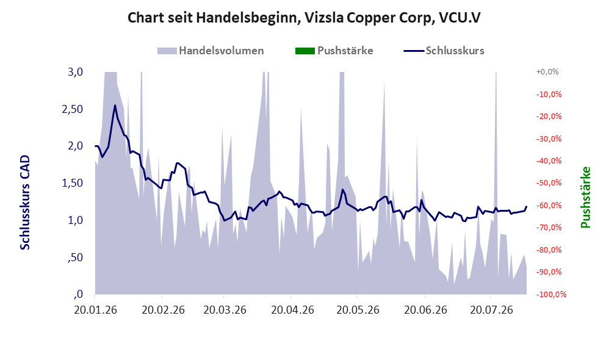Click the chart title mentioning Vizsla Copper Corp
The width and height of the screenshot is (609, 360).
tap(304, 18)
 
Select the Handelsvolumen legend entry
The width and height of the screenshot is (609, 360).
tap(211, 51)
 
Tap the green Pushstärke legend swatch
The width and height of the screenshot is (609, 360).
tap(305, 51)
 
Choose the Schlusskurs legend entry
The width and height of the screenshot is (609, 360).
tap(444, 51)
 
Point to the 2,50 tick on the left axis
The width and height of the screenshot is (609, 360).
tap(73, 109)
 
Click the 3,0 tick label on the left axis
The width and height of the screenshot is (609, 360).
tap(75, 72)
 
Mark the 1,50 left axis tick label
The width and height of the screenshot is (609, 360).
tap(73, 183)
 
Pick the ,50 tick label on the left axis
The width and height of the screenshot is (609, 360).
tap(75, 257)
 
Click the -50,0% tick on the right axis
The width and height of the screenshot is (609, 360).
tap(549, 183)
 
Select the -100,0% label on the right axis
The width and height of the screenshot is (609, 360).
tap(552, 294)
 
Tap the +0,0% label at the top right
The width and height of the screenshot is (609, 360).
tap(547, 72)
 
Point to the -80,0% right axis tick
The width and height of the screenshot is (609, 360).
tap(549, 250)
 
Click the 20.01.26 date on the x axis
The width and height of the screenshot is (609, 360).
tap(96, 310)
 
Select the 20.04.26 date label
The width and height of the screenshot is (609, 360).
tap(292, 310)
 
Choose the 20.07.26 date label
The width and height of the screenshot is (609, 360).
tap(491, 310)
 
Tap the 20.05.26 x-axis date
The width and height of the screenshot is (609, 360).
tap(358, 310)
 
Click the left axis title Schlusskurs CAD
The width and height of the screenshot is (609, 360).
tap(25, 203)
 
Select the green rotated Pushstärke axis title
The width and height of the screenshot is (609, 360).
tap(585, 197)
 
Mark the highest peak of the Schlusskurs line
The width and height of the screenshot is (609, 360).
tap(115, 105)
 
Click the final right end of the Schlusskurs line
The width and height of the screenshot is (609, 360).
tap(527, 207)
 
